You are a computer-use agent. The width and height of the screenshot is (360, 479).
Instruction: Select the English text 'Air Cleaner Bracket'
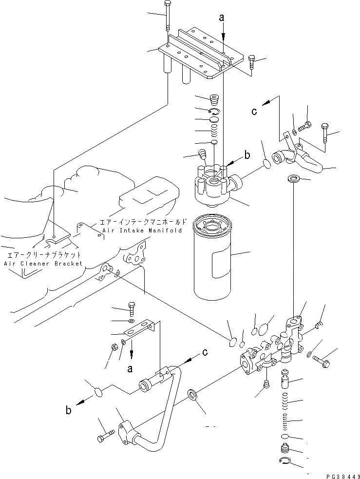(43, 263)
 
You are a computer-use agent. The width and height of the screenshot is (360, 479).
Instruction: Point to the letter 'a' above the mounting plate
(222, 19)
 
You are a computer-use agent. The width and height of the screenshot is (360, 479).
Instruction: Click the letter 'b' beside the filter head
(247, 155)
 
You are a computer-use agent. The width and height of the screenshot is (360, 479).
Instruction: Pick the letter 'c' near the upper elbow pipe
(253, 111)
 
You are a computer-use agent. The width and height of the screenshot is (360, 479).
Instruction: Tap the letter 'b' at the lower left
(69, 410)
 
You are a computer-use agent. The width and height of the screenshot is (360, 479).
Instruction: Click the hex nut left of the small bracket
(111, 347)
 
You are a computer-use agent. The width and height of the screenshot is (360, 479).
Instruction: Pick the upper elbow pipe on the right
(302, 161)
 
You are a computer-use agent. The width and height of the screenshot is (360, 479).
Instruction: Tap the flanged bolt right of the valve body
(322, 362)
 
